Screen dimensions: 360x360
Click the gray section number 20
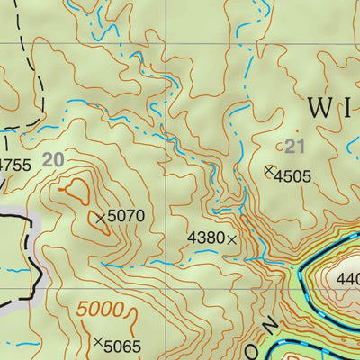[x=53, y=159]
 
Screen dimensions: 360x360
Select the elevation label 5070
[x=126, y=216]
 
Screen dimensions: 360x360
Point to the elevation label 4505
[x=293, y=176]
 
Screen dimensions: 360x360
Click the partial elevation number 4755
[x=14, y=165]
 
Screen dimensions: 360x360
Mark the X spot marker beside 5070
[x=100, y=217]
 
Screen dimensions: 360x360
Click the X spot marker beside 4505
[x=267, y=169]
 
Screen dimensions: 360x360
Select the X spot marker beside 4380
[x=232, y=239]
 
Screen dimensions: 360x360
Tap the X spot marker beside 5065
[x=97, y=342]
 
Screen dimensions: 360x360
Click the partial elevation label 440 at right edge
[x=346, y=279]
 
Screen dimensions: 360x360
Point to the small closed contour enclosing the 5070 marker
[x=102, y=220]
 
